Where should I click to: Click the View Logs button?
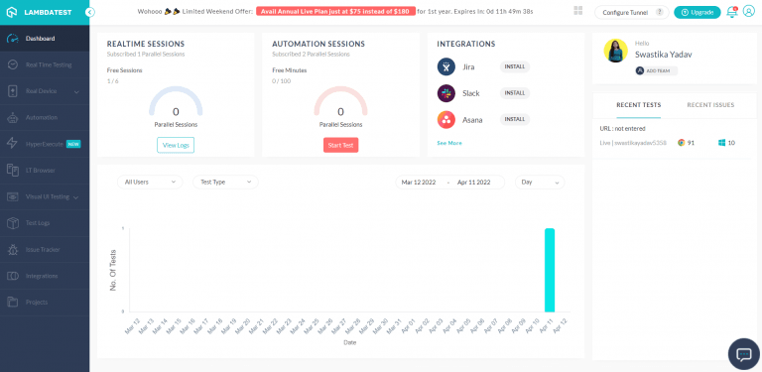[176, 145]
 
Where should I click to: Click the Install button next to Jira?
[515, 66]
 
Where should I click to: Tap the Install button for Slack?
[515, 93]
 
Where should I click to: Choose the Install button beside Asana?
[515, 119]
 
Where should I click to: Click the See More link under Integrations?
[449, 143]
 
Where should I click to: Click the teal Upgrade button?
[698, 12]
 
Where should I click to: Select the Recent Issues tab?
[710, 104]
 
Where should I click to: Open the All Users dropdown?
[149, 182]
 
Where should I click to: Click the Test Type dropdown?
[223, 182]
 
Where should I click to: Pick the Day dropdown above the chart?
[540, 182]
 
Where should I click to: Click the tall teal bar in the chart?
[550, 270]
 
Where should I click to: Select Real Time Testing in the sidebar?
[48, 64]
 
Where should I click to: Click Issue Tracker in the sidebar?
[43, 249]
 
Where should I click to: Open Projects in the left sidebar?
[37, 302]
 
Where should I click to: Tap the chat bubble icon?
[743, 353]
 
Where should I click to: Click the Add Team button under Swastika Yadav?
[653, 70]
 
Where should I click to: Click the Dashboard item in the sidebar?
[40, 38]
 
